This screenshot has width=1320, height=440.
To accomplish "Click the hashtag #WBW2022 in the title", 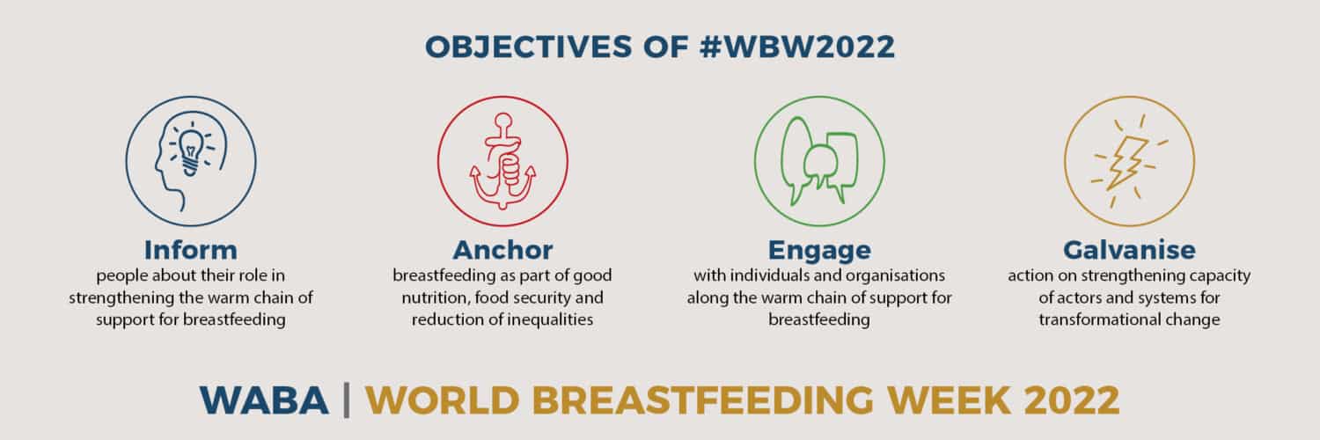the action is (x=796, y=47).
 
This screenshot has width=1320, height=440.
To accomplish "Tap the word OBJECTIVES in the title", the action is (x=529, y=47).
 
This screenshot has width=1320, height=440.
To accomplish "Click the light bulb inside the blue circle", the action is (x=190, y=150).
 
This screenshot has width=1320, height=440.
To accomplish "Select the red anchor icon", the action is (x=502, y=161).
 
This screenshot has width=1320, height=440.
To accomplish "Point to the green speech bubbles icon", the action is (x=819, y=161).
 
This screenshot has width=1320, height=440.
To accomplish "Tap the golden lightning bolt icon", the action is (x=1128, y=161).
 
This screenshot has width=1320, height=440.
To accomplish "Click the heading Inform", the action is (x=191, y=250).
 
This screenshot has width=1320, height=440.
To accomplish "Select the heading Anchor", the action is (x=502, y=250).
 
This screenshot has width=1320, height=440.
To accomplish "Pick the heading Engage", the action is (x=819, y=250).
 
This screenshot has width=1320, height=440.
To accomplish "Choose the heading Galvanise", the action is (x=1129, y=250).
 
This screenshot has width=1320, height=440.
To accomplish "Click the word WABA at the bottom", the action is (x=264, y=400).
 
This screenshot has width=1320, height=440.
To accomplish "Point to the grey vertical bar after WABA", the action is (x=347, y=400).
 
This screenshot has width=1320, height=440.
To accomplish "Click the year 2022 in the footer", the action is (x=1072, y=400).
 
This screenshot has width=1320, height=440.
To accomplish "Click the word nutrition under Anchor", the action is (x=435, y=298).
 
